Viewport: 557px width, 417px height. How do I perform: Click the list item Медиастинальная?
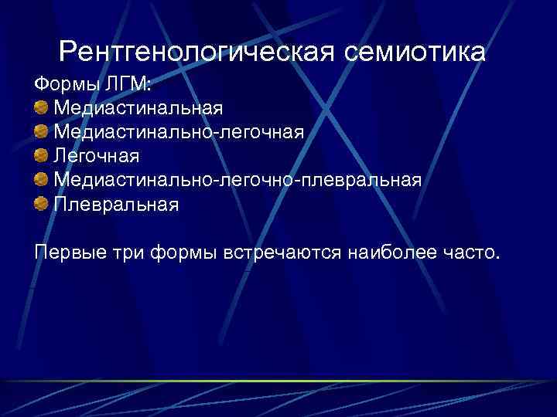pyautogui.click(x=138, y=107)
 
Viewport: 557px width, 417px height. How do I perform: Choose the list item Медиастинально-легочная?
pyautogui.click(x=179, y=131)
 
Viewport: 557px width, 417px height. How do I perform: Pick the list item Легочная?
pyautogui.click(x=97, y=156)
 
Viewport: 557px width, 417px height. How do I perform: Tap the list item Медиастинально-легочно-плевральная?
pyautogui.click(x=237, y=181)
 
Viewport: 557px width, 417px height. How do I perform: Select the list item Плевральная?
pyautogui.click(x=116, y=205)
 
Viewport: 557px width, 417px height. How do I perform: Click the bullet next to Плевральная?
pyautogui.click(x=41, y=205)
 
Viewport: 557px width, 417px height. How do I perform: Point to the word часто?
pyautogui.click(x=471, y=252)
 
